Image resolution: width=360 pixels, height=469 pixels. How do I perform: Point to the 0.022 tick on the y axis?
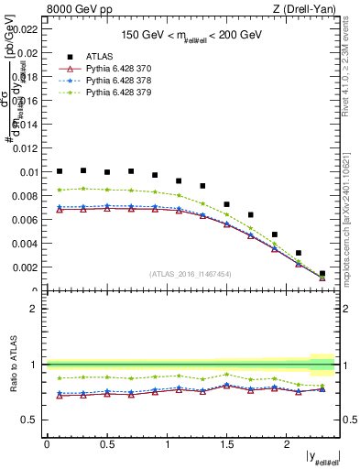tap(26, 29)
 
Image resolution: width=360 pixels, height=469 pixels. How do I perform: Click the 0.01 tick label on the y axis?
tap(28, 172)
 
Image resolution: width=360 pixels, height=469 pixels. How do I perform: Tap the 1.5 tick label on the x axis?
tap(227, 444)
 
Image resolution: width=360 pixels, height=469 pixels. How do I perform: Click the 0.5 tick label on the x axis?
tap(106, 444)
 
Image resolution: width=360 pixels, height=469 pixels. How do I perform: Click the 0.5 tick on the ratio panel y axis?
tap(31, 420)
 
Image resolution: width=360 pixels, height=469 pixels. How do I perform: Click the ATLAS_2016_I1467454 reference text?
tap(191, 274)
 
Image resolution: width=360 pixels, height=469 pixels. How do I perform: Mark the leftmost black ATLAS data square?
tap(60, 171)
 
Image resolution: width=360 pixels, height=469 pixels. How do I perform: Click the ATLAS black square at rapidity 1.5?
tap(227, 204)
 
